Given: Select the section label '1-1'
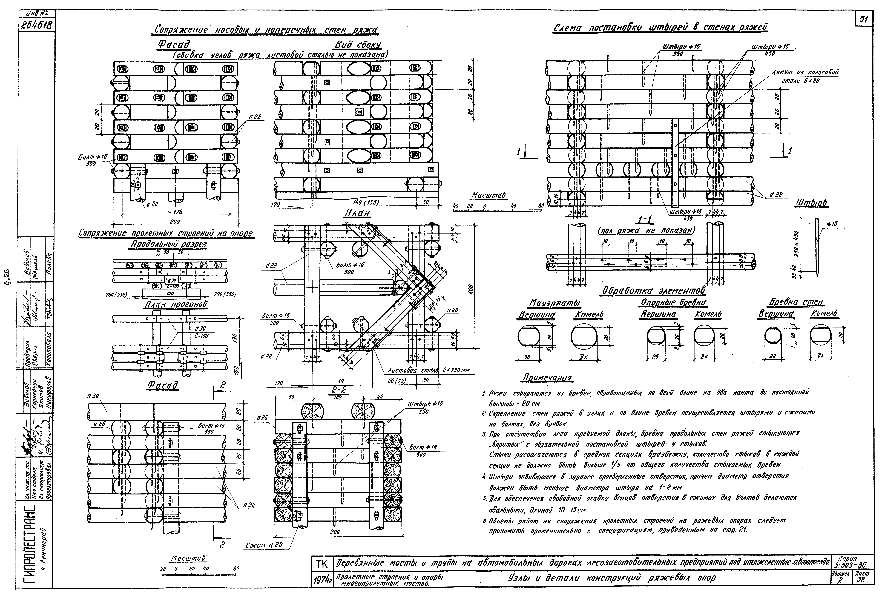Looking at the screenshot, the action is pyautogui.click(x=645, y=220).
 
